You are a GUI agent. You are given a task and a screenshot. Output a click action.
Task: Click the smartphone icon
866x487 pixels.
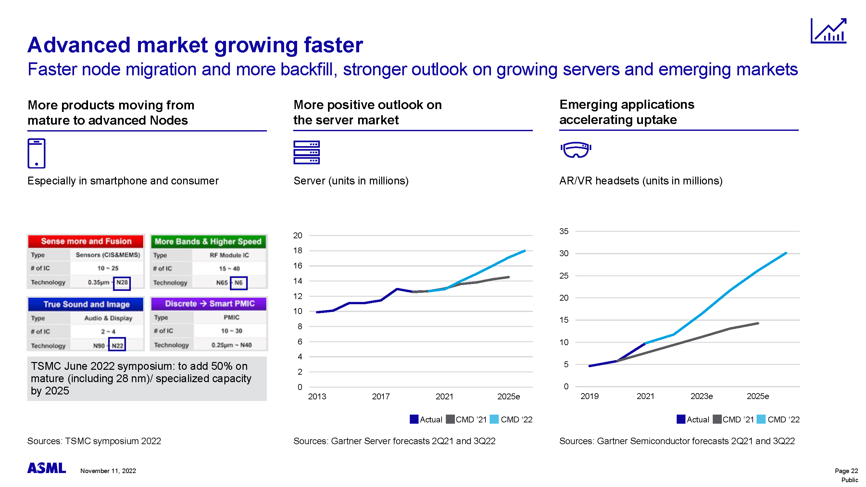pos(36,153)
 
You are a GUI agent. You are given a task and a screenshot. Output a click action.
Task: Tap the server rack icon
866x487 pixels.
pos(306,152)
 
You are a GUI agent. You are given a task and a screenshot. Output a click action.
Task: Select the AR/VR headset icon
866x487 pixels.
pos(575,150)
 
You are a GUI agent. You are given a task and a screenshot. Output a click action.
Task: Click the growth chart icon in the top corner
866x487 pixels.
pos(828,31)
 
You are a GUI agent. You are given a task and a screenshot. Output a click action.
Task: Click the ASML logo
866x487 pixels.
pos(46,468)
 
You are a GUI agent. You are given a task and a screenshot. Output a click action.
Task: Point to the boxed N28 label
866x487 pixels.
pos(122,283)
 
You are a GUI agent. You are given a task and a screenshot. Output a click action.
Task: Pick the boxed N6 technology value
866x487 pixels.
pos(238,283)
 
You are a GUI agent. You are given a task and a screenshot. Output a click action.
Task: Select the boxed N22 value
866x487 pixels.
pos(117,345)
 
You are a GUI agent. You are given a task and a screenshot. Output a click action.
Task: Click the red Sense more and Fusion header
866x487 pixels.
pos(86,241)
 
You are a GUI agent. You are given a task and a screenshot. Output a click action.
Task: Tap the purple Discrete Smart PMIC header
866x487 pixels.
pos(209,304)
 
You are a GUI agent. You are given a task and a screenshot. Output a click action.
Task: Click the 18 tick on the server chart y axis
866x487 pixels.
pos(297,251)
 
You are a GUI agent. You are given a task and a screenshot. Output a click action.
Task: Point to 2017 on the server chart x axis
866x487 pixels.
pos(381,397)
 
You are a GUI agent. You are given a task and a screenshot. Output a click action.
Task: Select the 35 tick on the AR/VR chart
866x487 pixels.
pos(564,231)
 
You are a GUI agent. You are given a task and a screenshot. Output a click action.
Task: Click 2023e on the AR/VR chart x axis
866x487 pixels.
pos(701,396)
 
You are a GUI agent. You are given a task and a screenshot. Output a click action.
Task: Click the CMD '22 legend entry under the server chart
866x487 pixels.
pos(511,419)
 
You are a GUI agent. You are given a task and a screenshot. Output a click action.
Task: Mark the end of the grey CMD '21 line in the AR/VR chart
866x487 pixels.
pos(758,323)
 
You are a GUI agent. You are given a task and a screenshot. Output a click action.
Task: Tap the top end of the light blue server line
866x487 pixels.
pos(524,251)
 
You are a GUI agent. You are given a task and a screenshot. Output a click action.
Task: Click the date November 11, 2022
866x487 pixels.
pos(108,471)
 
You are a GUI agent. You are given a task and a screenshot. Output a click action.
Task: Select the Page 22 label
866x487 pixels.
pos(846,471)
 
